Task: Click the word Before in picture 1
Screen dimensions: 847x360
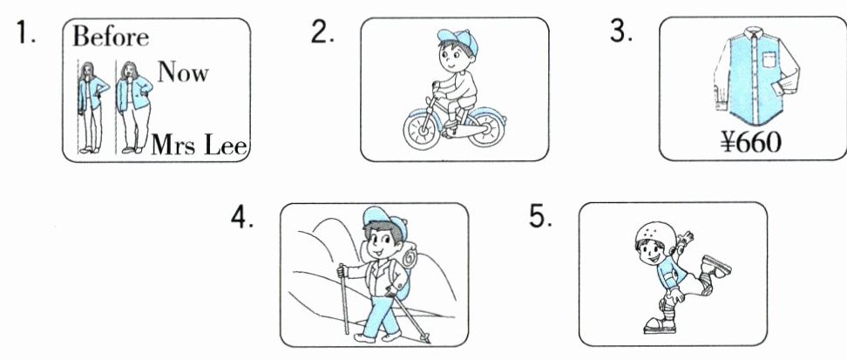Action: tap(111, 37)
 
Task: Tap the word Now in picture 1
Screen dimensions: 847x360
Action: tap(183, 71)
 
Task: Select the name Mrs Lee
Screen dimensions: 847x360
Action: tap(199, 145)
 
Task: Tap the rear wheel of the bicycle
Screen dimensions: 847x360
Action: tap(487, 127)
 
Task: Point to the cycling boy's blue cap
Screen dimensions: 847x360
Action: tap(458, 41)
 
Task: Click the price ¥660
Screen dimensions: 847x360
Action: tap(751, 143)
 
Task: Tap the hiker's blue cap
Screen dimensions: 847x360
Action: tap(384, 219)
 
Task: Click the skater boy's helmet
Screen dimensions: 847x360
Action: tap(653, 235)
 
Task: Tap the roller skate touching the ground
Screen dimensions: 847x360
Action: tap(659, 325)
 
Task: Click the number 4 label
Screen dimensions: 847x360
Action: tap(241, 218)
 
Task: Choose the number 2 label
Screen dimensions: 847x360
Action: tap(322, 32)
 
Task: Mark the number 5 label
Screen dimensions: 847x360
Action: tap(540, 217)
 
